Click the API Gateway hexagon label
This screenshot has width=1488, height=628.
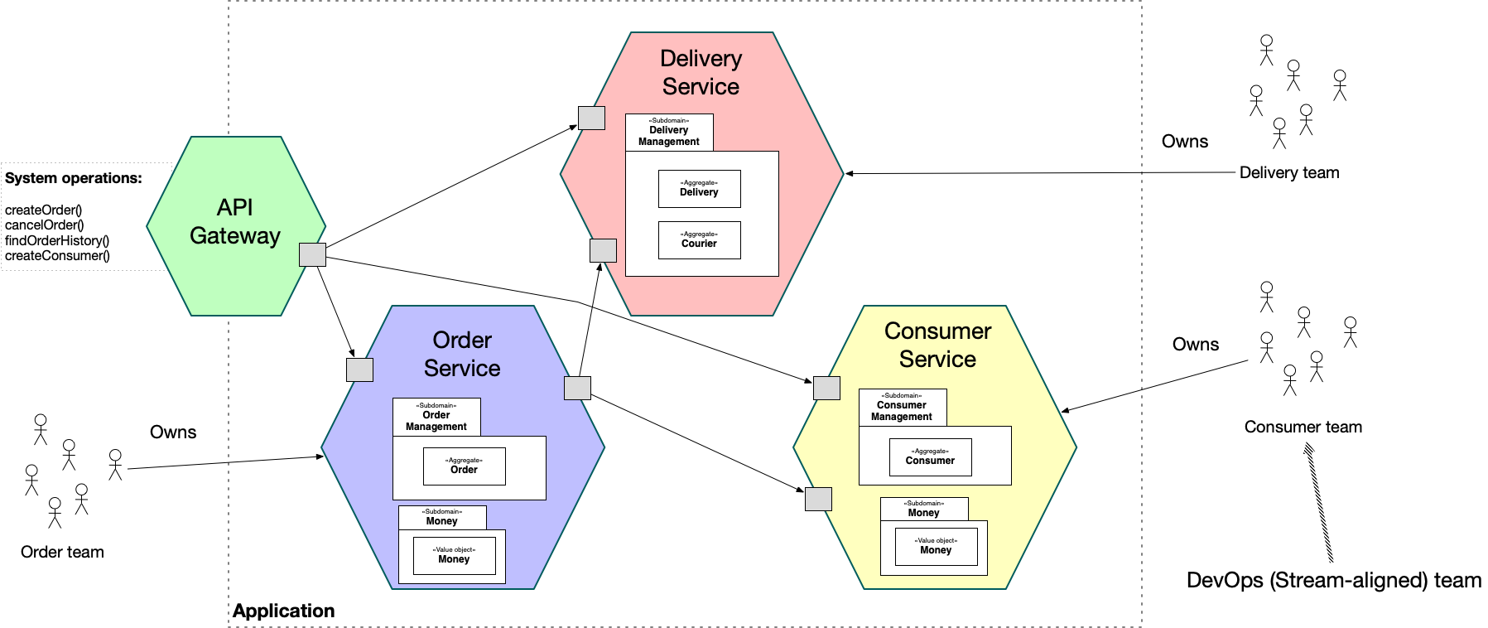(235, 222)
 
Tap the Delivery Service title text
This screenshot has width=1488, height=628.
(701, 73)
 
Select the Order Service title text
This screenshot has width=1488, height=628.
(462, 355)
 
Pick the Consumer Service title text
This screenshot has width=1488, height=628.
(937, 345)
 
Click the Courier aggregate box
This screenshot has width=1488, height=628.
(699, 240)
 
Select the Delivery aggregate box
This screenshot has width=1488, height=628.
(699, 189)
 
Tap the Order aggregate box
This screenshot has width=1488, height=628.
(464, 466)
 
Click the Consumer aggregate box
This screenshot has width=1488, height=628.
(930, 457)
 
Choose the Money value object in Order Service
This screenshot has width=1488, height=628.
(454, 555)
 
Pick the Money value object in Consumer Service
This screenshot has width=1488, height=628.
(936, 547)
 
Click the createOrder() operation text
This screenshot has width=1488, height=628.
(43, 210)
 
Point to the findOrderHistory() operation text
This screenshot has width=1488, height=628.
(57, 241)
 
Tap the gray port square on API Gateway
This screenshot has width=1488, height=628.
(312, 254)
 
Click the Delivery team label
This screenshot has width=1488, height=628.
(1288, 173)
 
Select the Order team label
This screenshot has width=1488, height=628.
(62, 553)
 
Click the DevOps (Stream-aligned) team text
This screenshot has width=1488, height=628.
(1333, 581)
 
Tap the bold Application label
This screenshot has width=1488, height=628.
(283, 611)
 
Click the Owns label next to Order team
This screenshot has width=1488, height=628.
(173, 432)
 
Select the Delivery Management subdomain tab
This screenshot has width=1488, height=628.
(669, 133)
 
